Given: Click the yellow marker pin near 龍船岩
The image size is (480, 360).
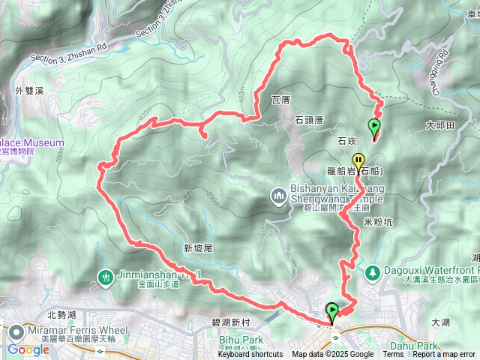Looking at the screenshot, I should click(x=358, y=160).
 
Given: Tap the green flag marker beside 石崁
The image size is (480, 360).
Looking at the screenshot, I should click(x=374, y=126).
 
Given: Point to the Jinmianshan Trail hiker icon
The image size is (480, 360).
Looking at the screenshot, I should click(x=106, y=277).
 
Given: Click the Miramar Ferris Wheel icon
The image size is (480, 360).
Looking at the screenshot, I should click(x=16, y=331).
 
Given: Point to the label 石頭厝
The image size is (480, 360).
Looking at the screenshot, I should click(x=309, y=119).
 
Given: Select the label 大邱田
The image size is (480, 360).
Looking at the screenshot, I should click(x=439, y=125).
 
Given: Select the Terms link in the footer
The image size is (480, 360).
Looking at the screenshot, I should click(x=393, y=355).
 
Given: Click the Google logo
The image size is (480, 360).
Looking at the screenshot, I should click(x=28, y=349).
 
